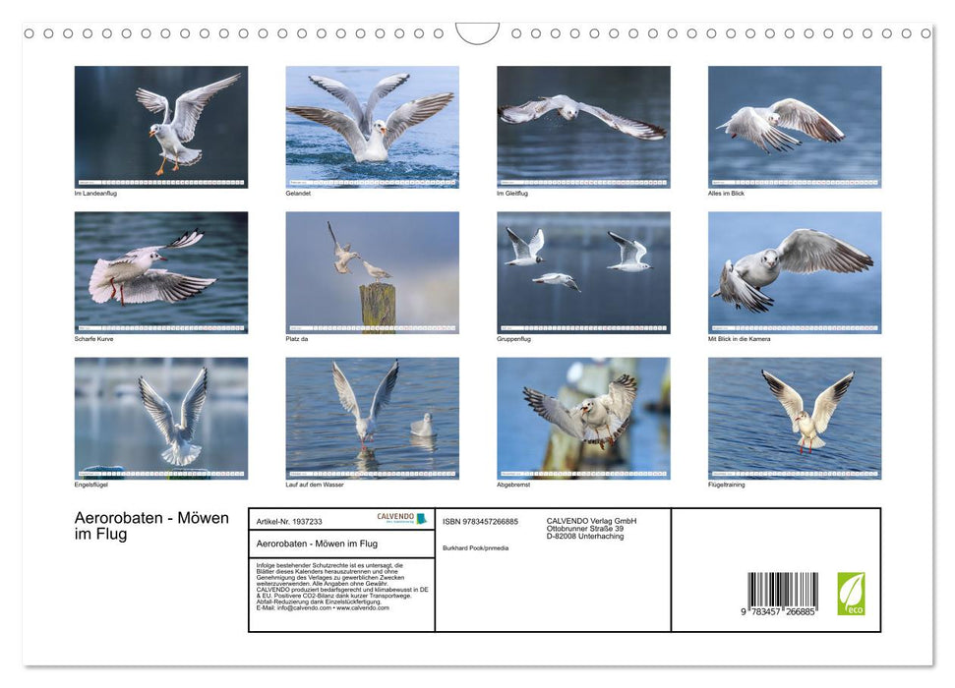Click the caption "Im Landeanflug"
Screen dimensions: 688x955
click(95, 194)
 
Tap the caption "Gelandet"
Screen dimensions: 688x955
click(298, 194)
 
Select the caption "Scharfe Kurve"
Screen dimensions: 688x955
click(96, 339)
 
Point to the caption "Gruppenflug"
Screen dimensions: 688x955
click(514, 339)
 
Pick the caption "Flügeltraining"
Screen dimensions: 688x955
click(727, 485)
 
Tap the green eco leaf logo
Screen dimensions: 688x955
click(851, 594)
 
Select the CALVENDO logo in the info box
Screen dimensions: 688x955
click(401, 518)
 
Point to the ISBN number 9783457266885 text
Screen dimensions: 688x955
click(480, 521)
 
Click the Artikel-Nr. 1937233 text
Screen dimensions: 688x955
click(289, 521)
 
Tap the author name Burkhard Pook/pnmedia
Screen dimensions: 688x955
click(476, 547)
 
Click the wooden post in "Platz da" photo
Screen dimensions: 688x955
click(377, 309)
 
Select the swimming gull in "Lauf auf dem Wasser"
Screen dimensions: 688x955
click(422, 426)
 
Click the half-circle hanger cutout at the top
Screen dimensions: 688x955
click(477, 32)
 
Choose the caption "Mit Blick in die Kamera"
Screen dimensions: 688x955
click(739, 339)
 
